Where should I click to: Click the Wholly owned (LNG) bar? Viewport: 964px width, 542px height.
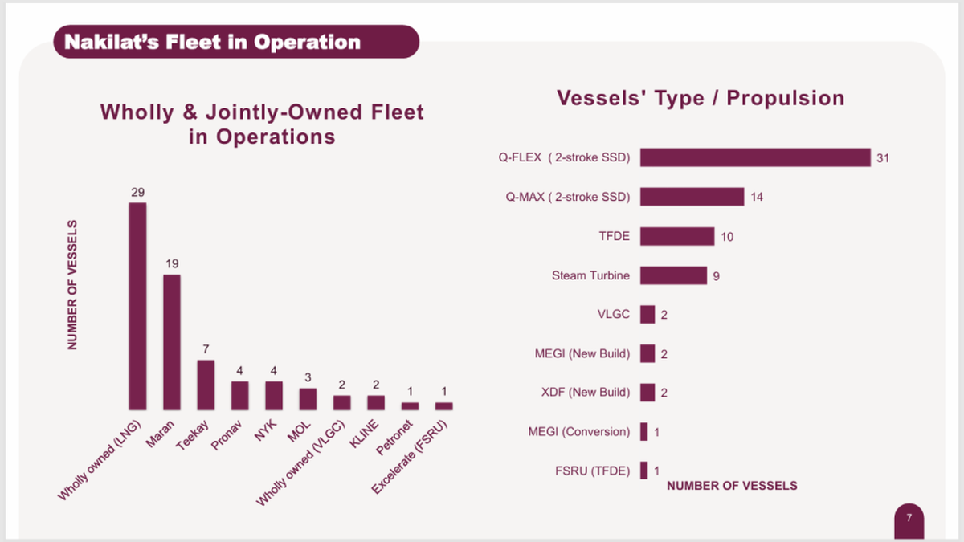pyautogui.click(x=137, y=306)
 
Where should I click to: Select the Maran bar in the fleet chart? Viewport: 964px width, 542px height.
pyautogui.click(x=172, y=342)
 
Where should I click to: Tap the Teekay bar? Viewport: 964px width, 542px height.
pyautogui.click(x=206, y=385)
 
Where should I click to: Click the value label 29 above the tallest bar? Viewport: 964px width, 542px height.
pyautogui.click(x=137, y=193)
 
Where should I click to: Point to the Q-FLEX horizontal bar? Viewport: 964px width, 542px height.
pyautogui.click(x=755, y=157)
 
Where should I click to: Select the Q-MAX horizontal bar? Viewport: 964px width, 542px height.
pyautogui.click(x=692, y=197)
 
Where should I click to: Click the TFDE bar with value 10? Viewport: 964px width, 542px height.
pyautogui.click(x=676, y=236)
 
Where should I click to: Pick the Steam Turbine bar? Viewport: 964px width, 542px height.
pyautogui.click(x=673, y=275)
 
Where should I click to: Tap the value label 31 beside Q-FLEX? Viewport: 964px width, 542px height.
pyautogui.click(x=883, y=158)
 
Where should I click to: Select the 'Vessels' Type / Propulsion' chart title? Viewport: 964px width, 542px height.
pyautogui.click(x=701, y=98)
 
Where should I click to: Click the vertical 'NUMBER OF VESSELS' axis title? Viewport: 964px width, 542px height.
pyautogui.click(x=72, y=284)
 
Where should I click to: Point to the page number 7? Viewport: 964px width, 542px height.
pyautogui.click(x=909, y=518)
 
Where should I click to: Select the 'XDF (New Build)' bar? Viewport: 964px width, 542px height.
pyautogui.click(x=647, y=393)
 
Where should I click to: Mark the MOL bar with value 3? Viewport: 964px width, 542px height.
pyautogui.click(x=308, y=399)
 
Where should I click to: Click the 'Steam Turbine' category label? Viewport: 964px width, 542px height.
pyautogui.click(x=590, y=275)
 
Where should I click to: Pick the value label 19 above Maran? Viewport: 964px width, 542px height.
pyautogui.click(x=172, y=264)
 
